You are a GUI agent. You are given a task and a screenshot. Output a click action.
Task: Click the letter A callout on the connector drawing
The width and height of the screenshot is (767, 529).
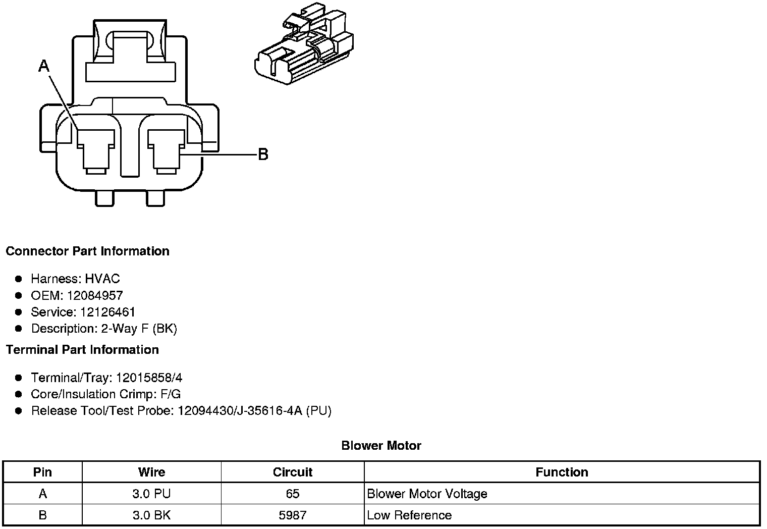point(44,66)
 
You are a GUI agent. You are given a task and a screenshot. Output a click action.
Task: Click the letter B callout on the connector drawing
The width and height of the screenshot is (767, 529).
point(263,154)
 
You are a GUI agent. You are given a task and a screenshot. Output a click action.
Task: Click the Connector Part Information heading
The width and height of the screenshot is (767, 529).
point(87,251)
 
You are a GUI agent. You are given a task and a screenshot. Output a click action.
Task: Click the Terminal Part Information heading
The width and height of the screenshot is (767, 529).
point(82,350)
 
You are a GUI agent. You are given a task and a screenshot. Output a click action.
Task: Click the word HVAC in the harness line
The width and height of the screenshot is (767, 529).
point(102,279)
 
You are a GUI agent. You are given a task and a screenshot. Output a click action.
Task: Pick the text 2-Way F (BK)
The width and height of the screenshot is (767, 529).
point(139,329)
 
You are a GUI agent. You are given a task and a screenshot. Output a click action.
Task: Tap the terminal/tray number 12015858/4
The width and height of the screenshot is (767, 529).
point(149,378)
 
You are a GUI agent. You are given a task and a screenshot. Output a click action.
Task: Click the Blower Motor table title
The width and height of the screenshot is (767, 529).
point(381,446)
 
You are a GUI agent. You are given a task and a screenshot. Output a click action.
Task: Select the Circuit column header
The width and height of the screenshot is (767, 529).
point(292,472)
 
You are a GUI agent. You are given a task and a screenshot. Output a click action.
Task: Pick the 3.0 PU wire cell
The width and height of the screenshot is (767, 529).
point(151,494)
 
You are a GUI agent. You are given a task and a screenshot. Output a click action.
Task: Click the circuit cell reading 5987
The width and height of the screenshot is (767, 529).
point(292,515)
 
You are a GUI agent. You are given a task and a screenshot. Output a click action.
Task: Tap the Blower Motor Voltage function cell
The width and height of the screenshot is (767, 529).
point(427,494)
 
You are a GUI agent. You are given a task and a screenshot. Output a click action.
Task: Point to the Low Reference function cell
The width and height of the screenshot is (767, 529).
point(409,515)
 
